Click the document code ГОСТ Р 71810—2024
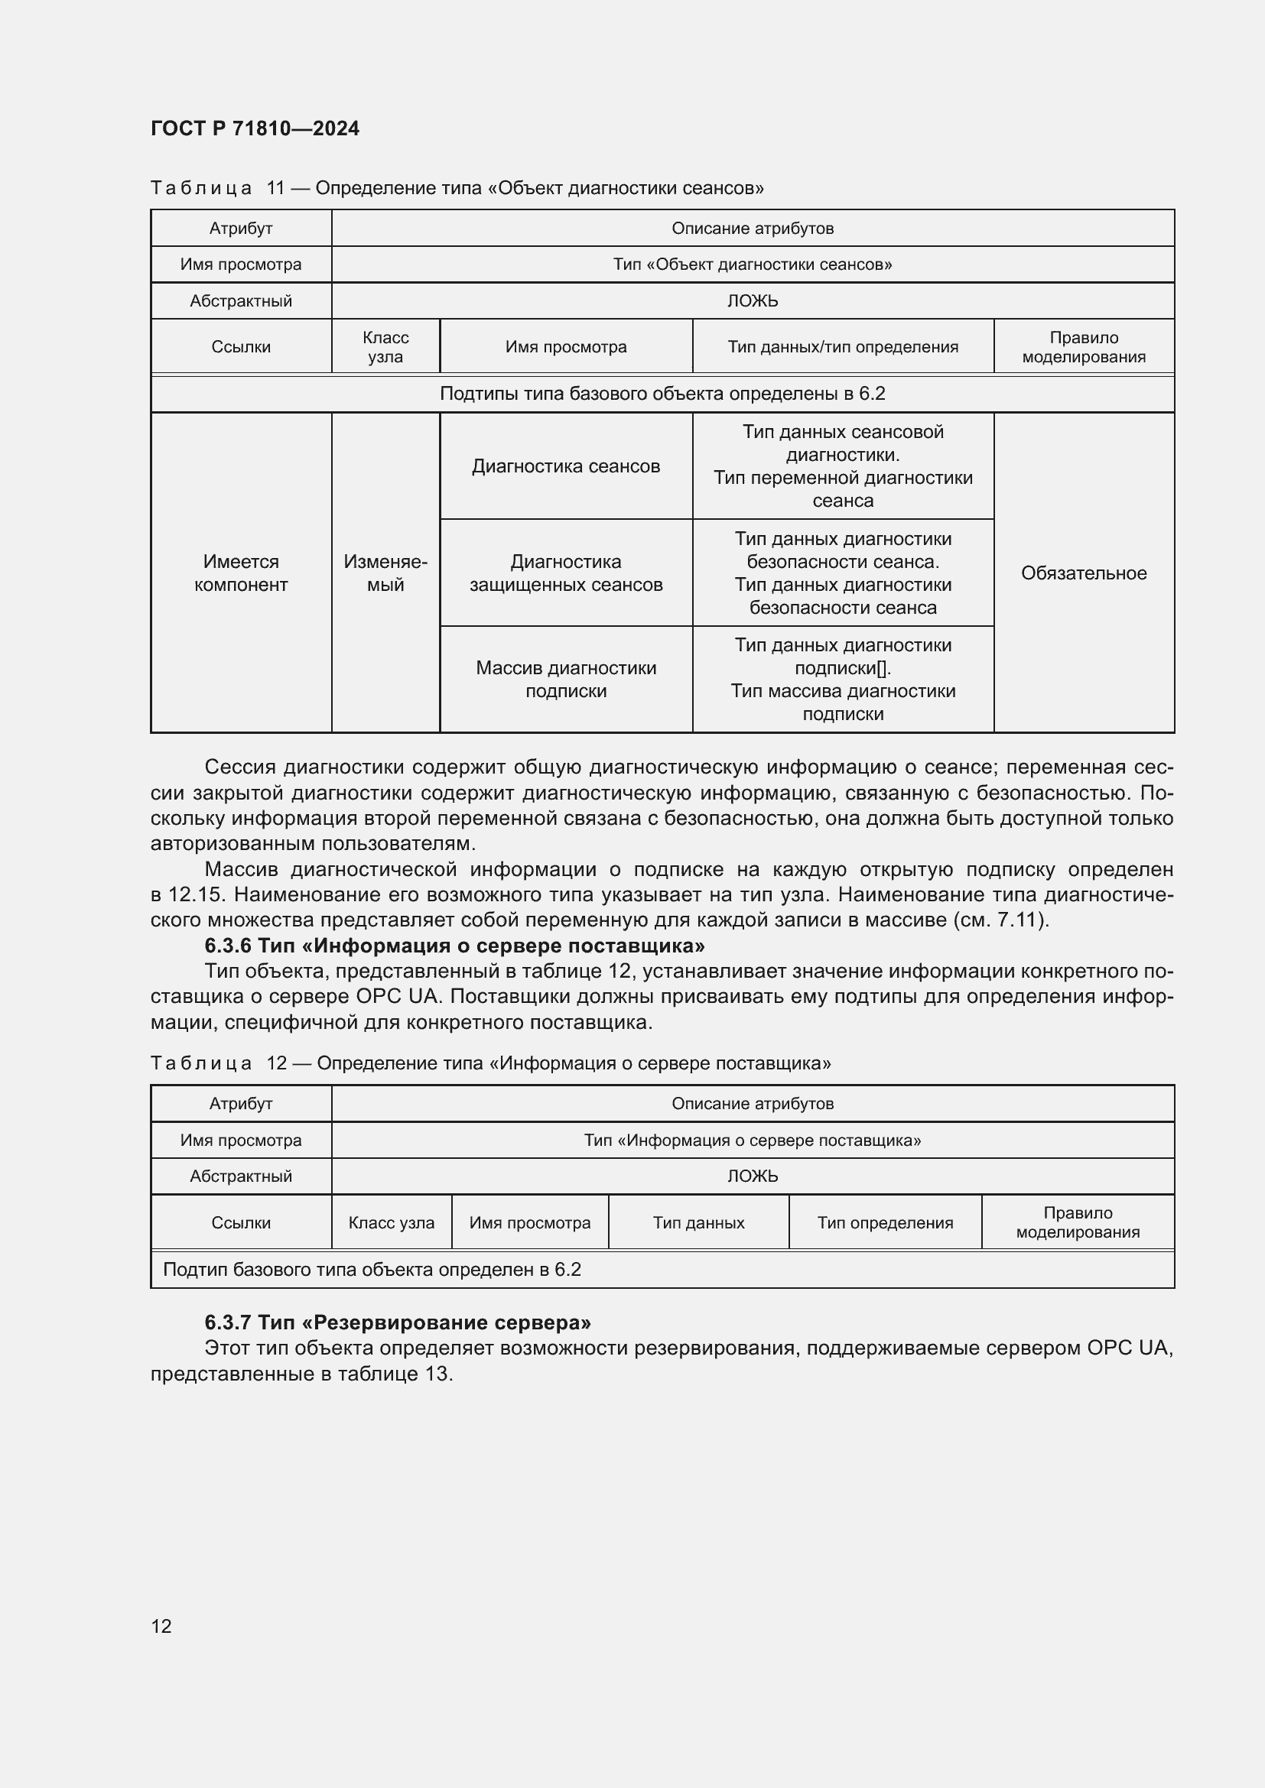point(255,128)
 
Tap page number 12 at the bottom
point(161,1625)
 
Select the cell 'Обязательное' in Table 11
point(1083,573)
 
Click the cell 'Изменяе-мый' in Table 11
point(385,573)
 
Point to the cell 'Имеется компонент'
point(241,573)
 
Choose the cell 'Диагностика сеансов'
point(565,466)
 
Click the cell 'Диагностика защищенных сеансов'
point(565,573)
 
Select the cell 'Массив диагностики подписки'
point(565,679)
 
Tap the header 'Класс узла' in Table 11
point(385,346)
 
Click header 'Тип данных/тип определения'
point(843,346)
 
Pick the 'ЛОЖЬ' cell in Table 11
point(753,300)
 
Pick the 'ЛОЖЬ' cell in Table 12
point(753,1176)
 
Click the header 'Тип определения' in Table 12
point(885,1222)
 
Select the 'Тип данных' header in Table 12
point(699,1222)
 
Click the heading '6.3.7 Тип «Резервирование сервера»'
point(397,1322)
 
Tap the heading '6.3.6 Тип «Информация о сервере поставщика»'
point(454,946)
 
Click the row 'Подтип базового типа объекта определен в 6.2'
point(372,1270)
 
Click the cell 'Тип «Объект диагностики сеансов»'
point(753,264)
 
